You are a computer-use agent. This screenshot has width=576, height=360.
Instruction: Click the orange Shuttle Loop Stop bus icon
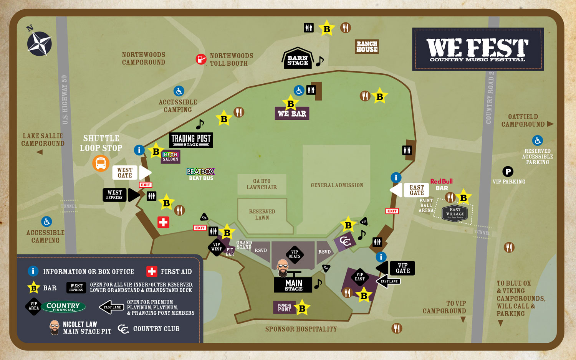(x=101, y=163)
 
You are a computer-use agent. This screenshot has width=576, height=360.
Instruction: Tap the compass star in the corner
(x=39, y=43)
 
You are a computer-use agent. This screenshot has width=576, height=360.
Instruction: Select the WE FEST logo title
(x=477, y=49)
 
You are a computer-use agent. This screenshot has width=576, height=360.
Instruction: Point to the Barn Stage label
(x=298, y=60)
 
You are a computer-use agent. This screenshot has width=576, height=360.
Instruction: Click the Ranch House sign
(x=367, y=46)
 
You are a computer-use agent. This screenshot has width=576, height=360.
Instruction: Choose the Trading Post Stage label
(x=191, y=140)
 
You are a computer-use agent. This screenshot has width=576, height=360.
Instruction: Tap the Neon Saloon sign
(x=170, y=157)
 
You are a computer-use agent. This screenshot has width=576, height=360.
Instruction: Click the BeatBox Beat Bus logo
(x=200, y=174)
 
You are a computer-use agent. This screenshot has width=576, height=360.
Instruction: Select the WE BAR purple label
(x=292, y=114)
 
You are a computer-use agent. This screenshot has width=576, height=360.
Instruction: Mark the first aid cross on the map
(x=163, y=222)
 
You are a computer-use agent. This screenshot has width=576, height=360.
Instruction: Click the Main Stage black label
(x=293, y=285)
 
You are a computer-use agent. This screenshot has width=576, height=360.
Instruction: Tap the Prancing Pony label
(x=285, y=307)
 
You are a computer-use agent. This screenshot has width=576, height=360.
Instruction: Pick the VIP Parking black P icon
(x=508, y=172)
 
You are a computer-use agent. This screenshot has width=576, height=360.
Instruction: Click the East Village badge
(x=455, y=213)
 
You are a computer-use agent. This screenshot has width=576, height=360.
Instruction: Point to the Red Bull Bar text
(x=442, y=185)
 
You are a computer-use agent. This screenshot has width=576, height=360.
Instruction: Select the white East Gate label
(x=416, y=190)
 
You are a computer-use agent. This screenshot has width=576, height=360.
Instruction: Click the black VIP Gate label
(x=402, y=268)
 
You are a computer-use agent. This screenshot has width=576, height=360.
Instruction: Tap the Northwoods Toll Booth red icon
(x=201, y=59)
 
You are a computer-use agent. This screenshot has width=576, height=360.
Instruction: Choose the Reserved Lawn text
(x=262, y=215)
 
